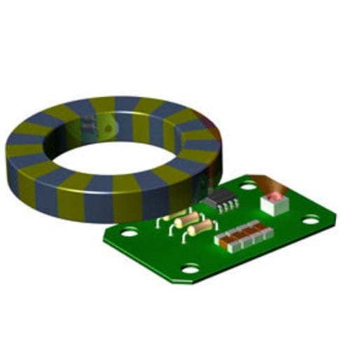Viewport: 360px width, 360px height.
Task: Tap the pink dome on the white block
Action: [x=275, y=198]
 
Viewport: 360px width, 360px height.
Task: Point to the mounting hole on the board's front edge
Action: [x=190, y=268]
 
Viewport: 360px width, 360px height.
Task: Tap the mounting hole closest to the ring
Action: [x=129, y=232]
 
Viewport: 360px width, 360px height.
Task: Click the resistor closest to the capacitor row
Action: [x=200, y=228]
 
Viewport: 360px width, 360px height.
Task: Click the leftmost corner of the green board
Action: [x=104, y=239]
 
